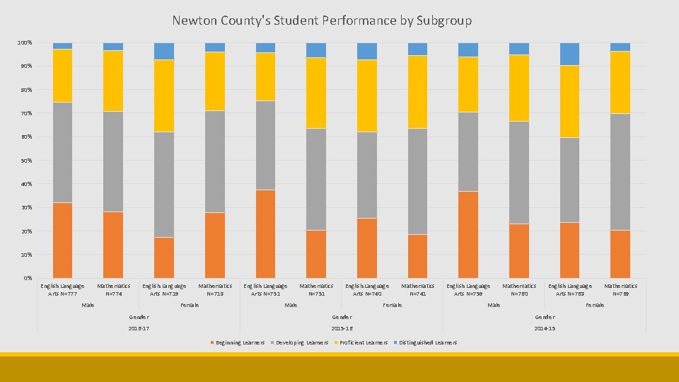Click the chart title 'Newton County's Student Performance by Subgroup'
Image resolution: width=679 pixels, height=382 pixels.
(321, 21)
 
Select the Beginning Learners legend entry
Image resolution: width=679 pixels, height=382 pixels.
(238, 342)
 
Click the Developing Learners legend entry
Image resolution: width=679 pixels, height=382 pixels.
(300, 342)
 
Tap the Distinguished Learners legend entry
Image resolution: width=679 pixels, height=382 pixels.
(426, 342)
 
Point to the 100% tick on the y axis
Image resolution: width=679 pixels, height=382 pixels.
(25, 43)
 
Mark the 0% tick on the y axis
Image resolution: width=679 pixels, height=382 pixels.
(26, 278)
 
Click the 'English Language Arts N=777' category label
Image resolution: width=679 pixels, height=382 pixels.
(62, 289)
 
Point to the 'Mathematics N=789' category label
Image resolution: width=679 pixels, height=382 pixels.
(620, 289)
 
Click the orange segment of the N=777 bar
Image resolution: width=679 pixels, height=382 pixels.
(62, 240)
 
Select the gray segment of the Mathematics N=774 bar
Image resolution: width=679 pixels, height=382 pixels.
(113, 161)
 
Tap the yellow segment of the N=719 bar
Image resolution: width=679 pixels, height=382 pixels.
(164, 95)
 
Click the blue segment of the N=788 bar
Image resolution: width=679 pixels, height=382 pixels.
(569, 54)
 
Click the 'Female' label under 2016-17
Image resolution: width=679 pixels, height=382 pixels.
(190, 305)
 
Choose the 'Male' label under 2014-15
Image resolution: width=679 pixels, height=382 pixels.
(494, 305)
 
